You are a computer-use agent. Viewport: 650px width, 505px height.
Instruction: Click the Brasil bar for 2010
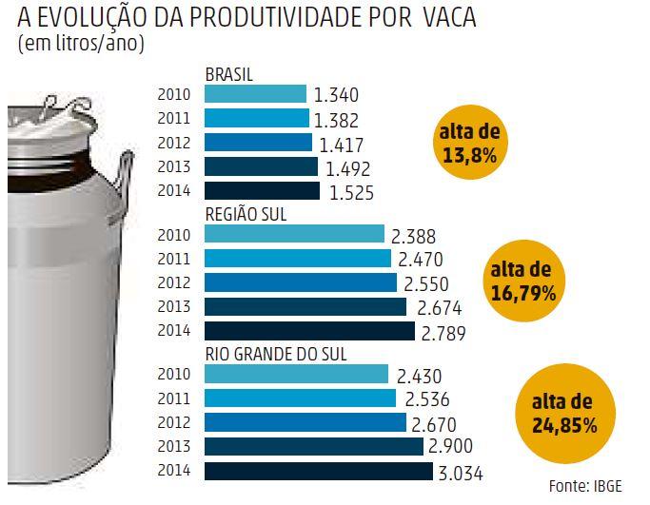(x=255, y=94)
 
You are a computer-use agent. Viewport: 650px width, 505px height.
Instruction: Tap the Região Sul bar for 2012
(x=300, y=282)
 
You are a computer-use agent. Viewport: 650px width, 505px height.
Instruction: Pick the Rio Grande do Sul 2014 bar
(x=318, y=471)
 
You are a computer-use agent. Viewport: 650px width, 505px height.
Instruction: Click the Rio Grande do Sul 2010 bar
(x=297, y=374)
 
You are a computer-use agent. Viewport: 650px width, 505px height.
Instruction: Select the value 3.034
(x=463, y=471)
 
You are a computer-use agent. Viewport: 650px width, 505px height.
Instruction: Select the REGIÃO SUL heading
(x=246, y=215)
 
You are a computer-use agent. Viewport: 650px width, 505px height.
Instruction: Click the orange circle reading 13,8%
(x=471, y=143)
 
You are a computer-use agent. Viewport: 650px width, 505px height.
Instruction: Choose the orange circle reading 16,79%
(x=523, y=283)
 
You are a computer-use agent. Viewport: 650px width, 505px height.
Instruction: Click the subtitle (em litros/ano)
(x=81, y=45)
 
